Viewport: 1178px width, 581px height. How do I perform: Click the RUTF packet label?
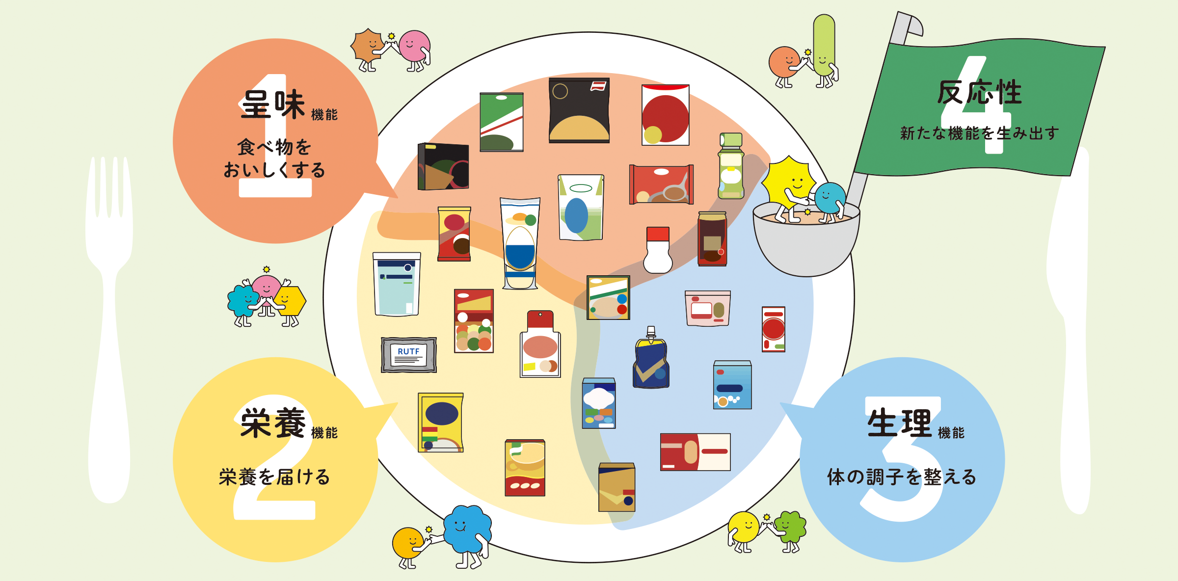pos(409,355)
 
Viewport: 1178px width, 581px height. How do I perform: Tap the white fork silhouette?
pos(109,329)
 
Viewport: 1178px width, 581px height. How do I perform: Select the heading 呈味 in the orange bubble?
pos(273,105)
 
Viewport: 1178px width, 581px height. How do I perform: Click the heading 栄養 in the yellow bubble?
pos(273,423)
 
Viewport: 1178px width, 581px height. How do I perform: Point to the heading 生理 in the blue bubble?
pos(899,423)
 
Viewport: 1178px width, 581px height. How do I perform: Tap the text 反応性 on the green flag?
pos(980,92)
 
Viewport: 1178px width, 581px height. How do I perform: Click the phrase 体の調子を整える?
pos(902,476)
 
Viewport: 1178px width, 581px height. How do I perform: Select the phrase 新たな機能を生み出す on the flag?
pos(979,133)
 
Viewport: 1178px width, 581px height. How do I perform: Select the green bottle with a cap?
pos(731,166)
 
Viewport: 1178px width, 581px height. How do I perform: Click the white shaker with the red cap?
pos(658,250)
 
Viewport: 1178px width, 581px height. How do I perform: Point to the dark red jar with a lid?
pos(712,239)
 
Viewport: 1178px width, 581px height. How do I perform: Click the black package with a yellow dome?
pos(579,110)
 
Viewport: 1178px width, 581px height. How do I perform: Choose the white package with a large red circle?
pos(666,115)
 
